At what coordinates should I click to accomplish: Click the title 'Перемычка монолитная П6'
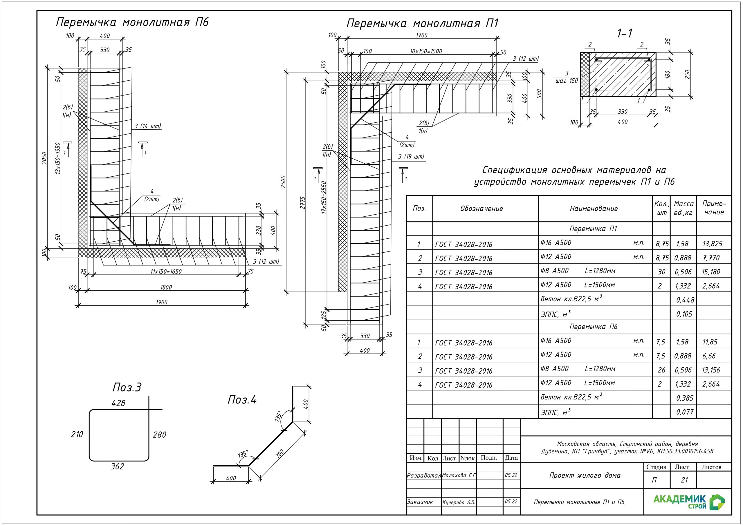coord(132,22)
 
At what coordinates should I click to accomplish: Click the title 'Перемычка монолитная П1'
coord(422,23)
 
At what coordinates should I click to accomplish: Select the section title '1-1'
coord(625,33)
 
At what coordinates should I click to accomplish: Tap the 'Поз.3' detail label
coord(127,387)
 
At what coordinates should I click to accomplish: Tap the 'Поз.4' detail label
coord(242,400)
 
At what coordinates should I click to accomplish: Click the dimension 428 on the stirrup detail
coord(118,403)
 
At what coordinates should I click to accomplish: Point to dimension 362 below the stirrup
coord(117,466)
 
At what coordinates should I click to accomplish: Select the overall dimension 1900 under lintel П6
coord(161,302)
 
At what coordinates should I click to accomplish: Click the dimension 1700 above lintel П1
coord(421,35)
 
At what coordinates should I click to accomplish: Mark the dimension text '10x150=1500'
coord(426,51)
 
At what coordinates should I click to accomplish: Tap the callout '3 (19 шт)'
coord(411,157)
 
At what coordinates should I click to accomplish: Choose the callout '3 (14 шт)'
coord(147,126)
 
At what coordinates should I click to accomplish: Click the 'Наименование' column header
coord(594,209)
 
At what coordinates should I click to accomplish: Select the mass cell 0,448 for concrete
coord(685,300)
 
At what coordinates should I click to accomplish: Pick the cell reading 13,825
coord(712,244)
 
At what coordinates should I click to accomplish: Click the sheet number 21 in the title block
coord(684,480)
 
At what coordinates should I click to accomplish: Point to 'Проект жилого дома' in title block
coord(585,475)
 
